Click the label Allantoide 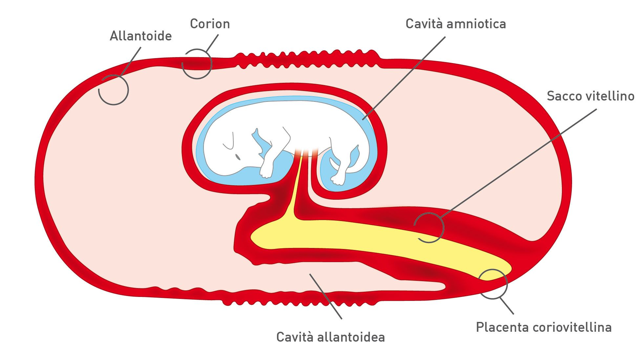140,36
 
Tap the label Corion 210,24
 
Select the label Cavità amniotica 456,24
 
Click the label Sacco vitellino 590,96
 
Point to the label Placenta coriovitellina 544,327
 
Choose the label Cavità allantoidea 331,337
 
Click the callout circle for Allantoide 114,90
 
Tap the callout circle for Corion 197,64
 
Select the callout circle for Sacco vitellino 429,227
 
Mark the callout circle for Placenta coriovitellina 493,284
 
